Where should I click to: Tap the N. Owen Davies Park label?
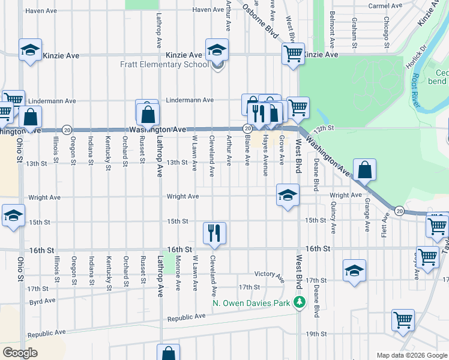point(252,302)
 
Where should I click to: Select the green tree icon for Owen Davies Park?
point(298,302)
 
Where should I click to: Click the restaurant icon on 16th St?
point(214,232)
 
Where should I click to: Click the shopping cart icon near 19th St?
point(403,320)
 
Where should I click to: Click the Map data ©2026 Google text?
point(412,355)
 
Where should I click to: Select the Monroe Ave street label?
point(178,272)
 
